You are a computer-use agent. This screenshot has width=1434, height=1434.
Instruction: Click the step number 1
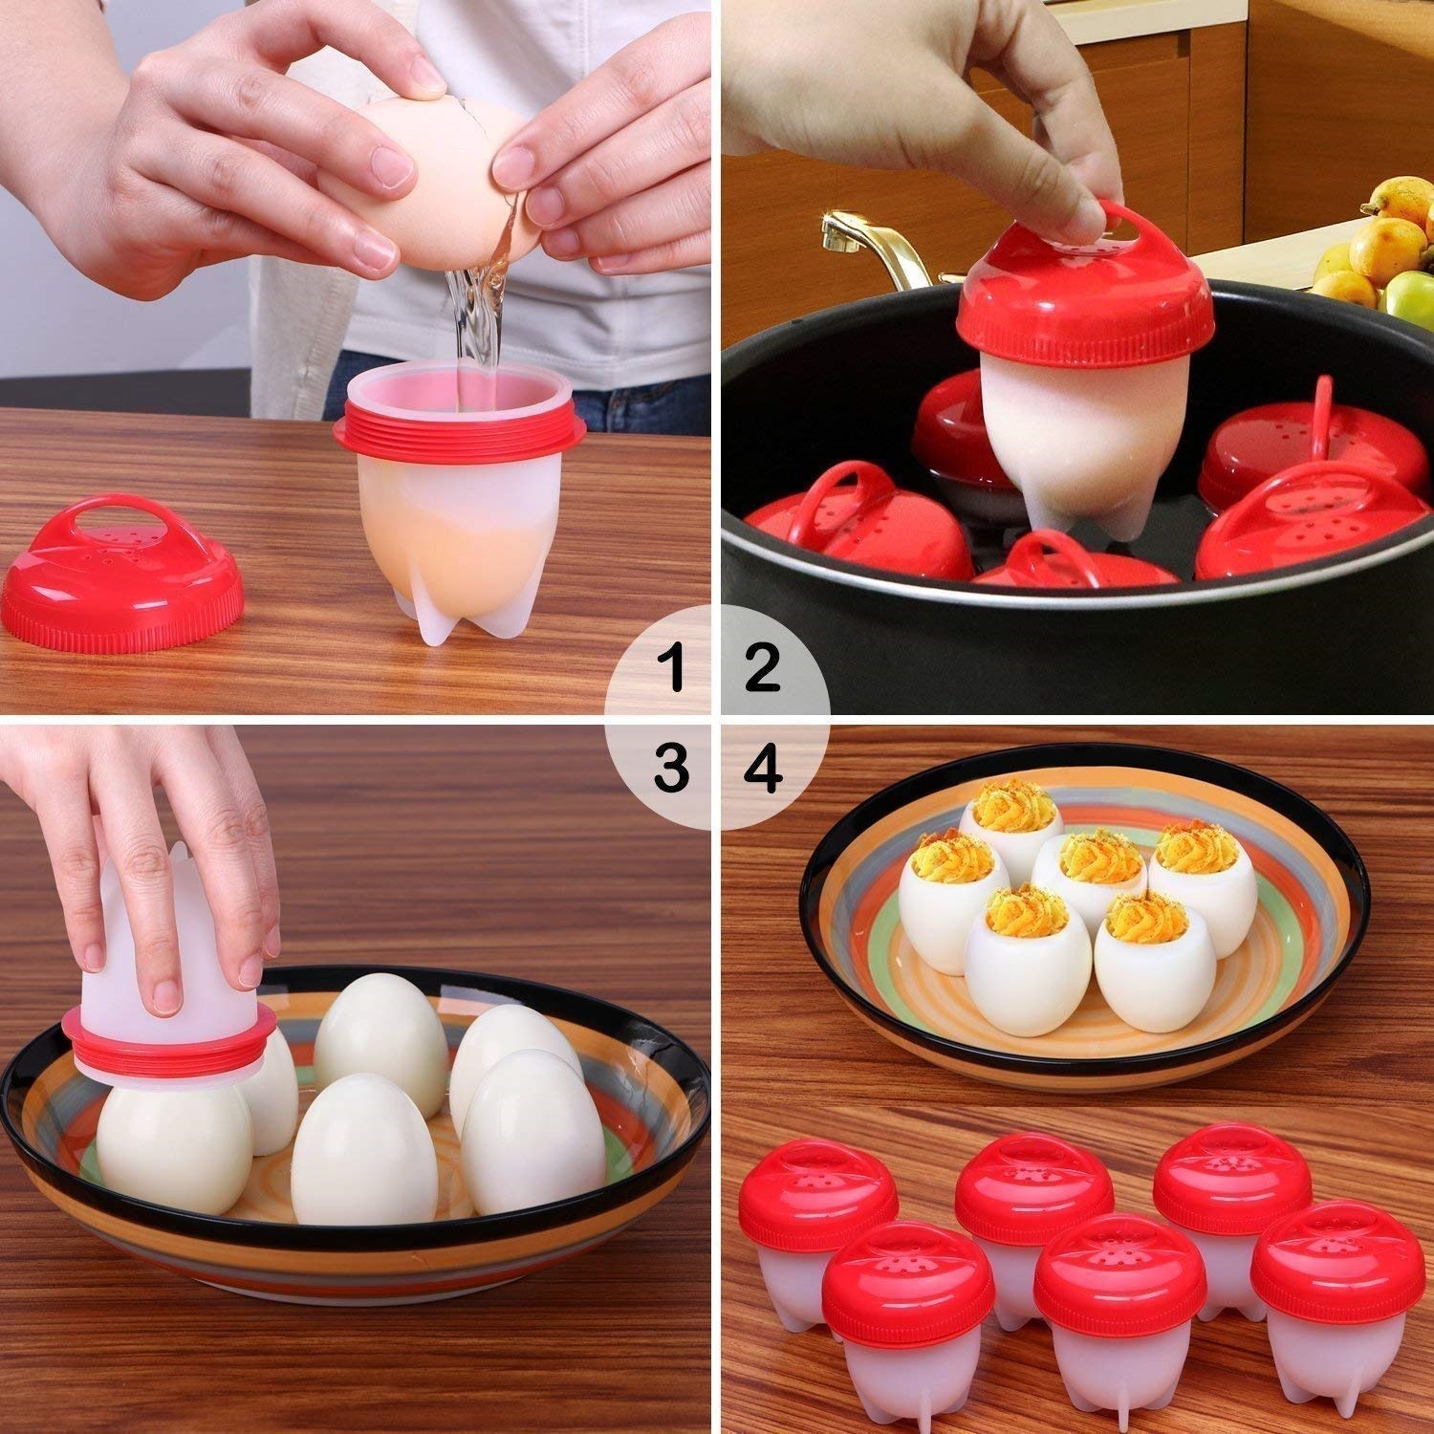click(x=676, y=668)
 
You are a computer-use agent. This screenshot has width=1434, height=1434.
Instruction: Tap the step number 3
click(x=671, y=768)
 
